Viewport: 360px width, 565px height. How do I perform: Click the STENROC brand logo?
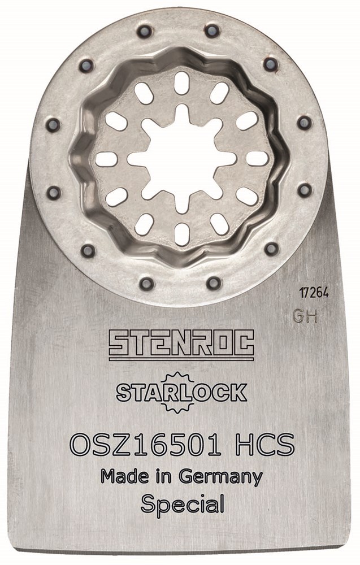(x=181, y=345)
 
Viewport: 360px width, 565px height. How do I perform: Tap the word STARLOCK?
(x=181, y=393)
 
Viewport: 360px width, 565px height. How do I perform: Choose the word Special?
(x=183, y=505)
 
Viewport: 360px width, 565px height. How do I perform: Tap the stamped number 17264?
(x=314, y=293)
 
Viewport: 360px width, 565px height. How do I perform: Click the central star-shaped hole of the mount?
(x=181, y=158)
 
